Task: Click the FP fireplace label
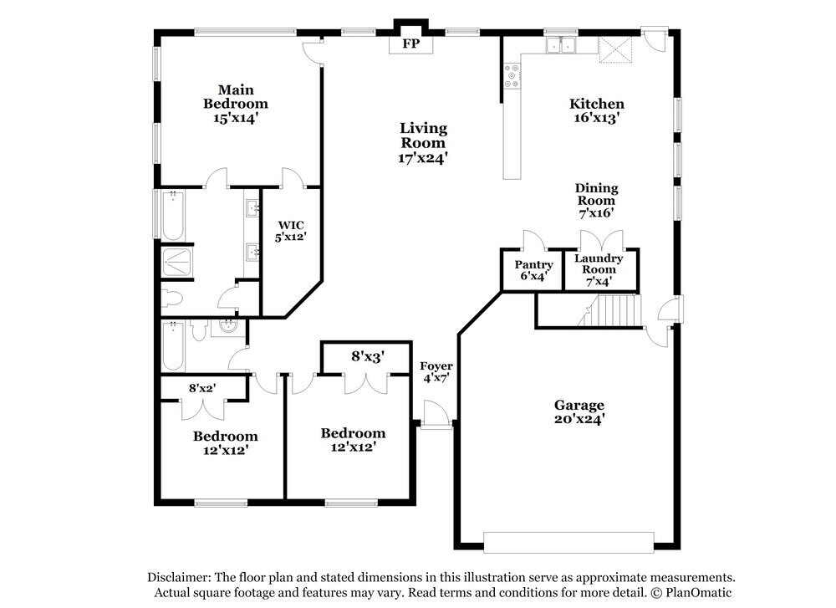[x=410, y=44]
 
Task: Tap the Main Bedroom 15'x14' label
[x=236, y=104]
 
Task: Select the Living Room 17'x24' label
[x=423, y=142]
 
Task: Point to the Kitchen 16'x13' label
[x=596, y=110]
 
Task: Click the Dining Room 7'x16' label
[x=595, y=201]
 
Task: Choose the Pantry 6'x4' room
[x=533, y=271]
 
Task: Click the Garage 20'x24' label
[x=579, y=412]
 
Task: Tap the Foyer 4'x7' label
[x=436, y=371]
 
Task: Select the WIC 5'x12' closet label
[x=291, y=231]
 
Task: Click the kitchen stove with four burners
[x=512, y=78]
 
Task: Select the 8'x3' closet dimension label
[x=367, y=356]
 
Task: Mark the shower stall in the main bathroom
[x=176, y=263]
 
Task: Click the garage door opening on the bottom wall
[x=568, y=543]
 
